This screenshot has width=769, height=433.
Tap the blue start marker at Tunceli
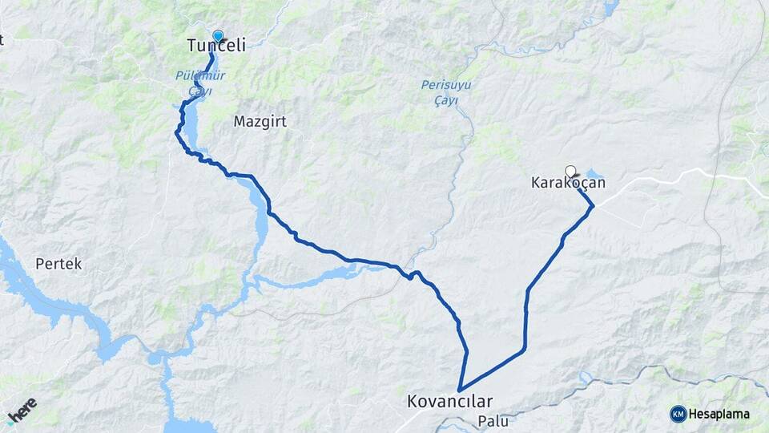tap(218, 35)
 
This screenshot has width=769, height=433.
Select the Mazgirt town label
tap(260, 122)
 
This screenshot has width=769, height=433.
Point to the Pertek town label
tap(58, 263)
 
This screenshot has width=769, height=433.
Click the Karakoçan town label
tap(568, 183)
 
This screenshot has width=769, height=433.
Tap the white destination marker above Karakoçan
tap(570, 171)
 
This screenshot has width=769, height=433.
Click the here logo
tap(22, 410)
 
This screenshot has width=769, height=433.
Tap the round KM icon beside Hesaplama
tap(678, 414)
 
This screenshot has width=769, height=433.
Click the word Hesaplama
tap(719, 415)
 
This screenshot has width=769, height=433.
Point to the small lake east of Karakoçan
tap(595, 173)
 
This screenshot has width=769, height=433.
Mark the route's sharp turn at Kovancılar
tap(459, 391)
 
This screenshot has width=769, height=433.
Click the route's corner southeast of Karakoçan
tap(593, 207)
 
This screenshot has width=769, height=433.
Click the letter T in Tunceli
tap(192, 47)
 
